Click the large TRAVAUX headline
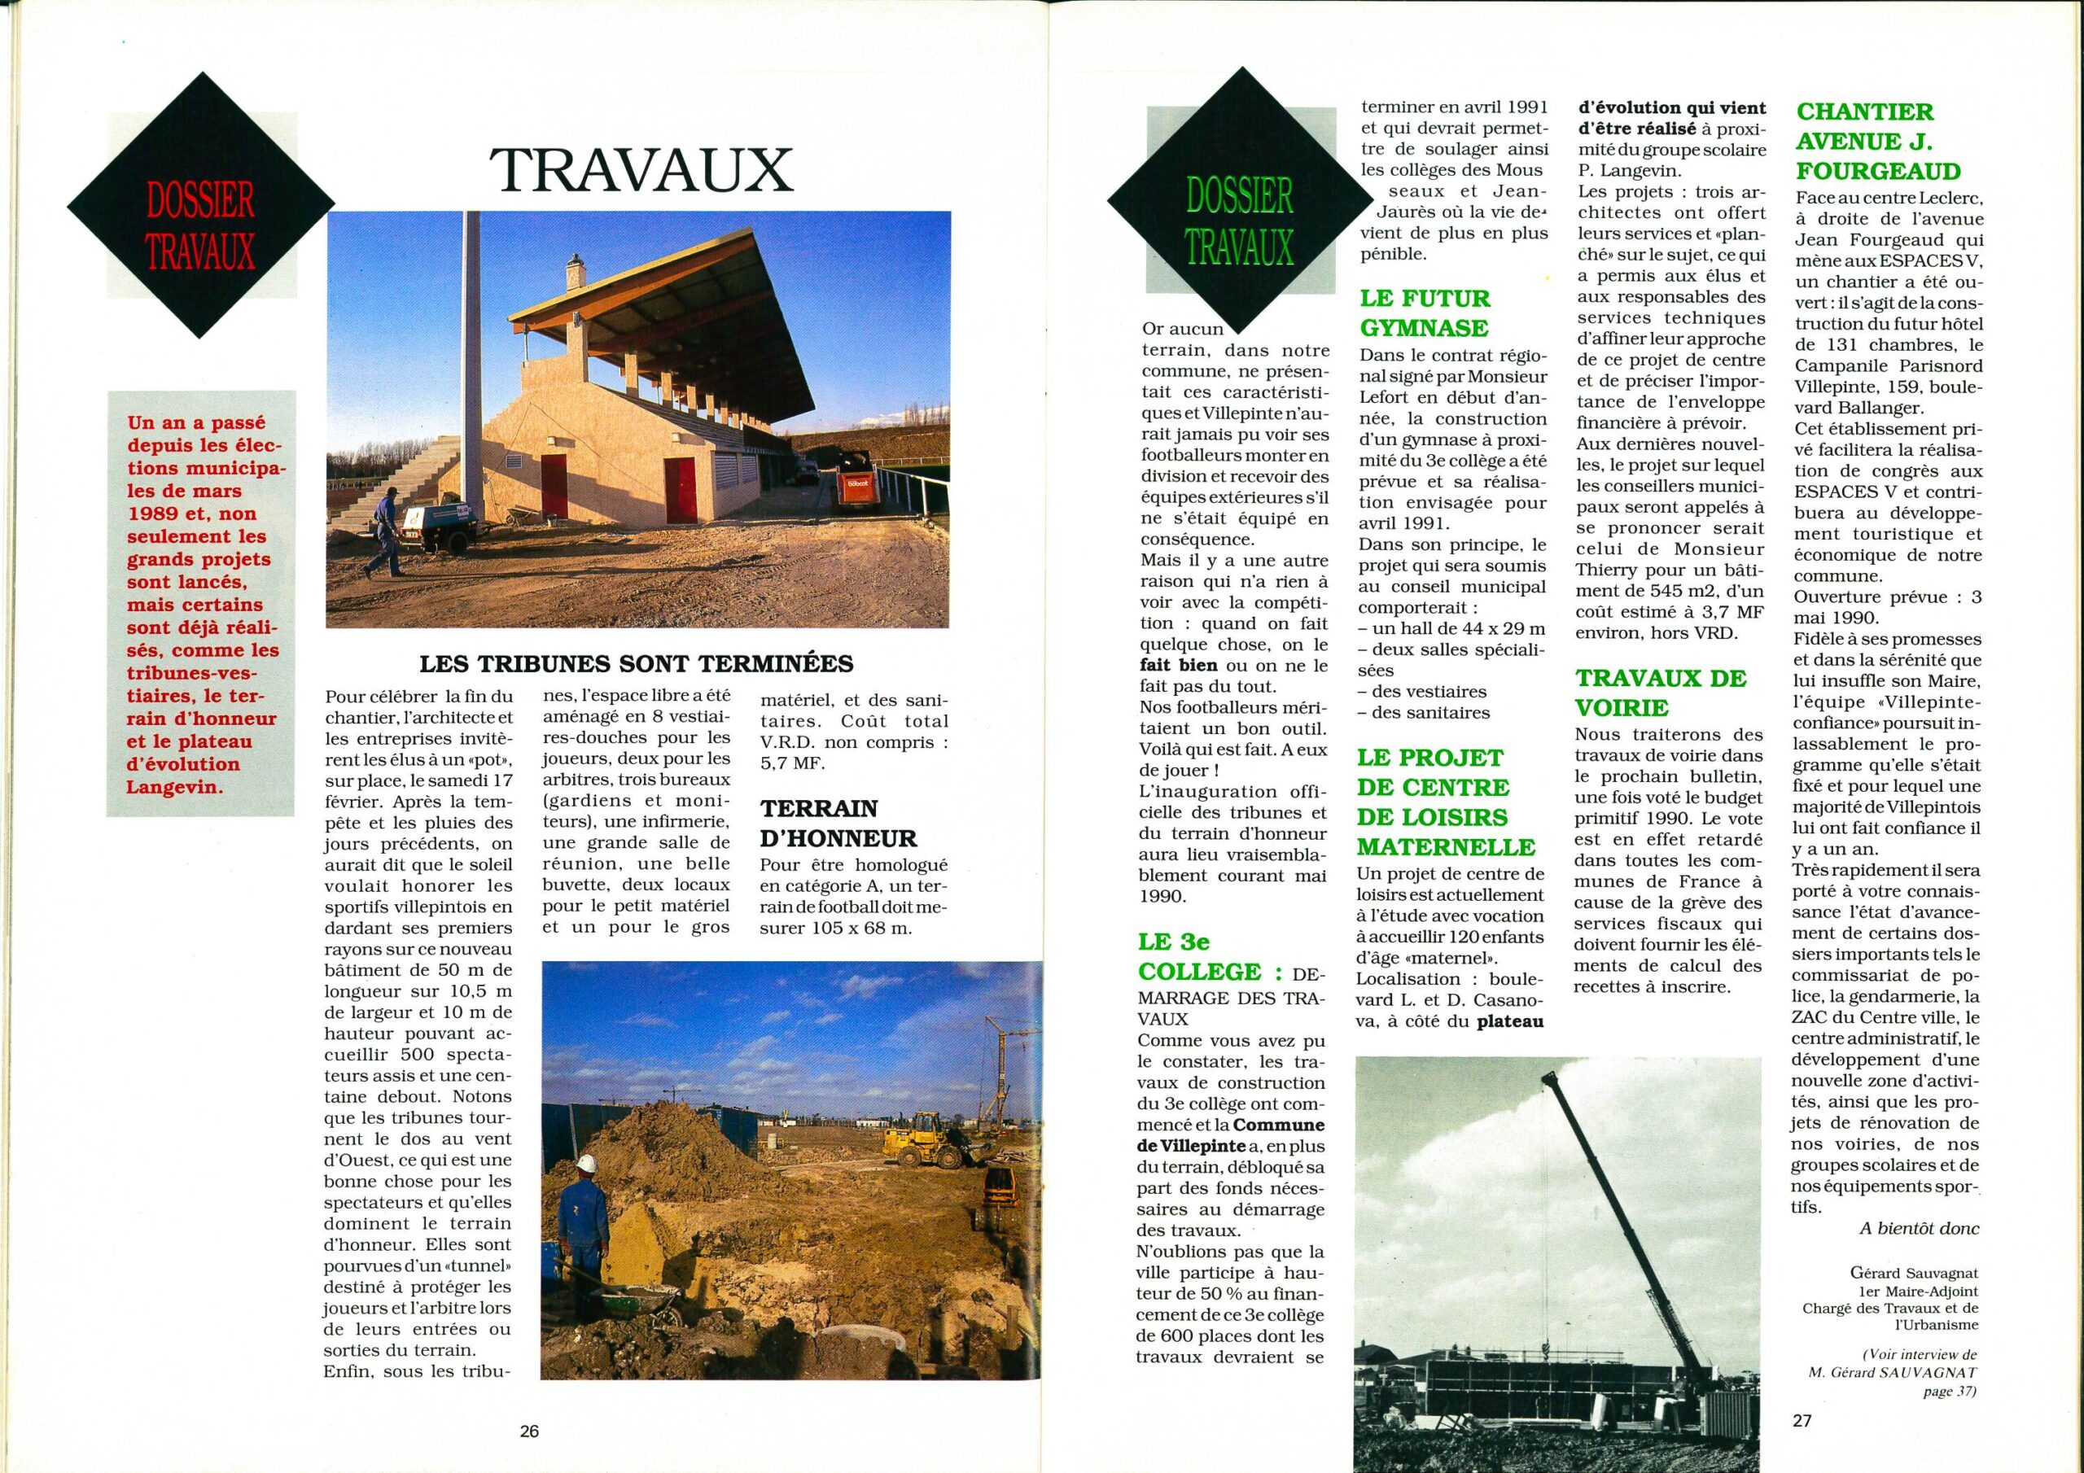(641, 168)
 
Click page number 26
(529, 1431)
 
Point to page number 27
(1802, 1420)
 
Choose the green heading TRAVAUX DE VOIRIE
(1660, 693)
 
